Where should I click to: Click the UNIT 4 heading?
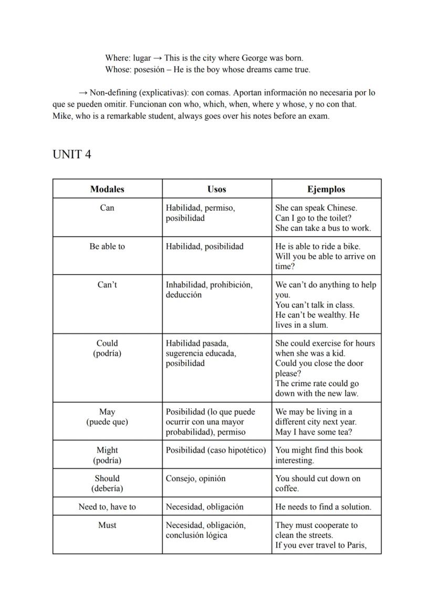click(72, 154)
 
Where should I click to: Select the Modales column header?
click(107, 189)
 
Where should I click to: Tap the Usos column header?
click(216, 189)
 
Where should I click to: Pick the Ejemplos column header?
click(326, 189)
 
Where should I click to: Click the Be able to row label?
click(107, 246)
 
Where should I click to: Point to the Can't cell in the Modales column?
click(107, 285)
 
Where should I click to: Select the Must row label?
click(107, 525)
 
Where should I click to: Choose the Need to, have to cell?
click(107, 507)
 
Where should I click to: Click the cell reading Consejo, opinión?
click(195, 478)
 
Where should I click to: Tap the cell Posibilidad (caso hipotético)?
click(216, 450)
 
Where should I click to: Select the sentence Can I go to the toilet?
click(314, 218)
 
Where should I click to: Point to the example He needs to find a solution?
click(323, 507)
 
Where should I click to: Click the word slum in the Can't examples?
click(317, 325)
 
